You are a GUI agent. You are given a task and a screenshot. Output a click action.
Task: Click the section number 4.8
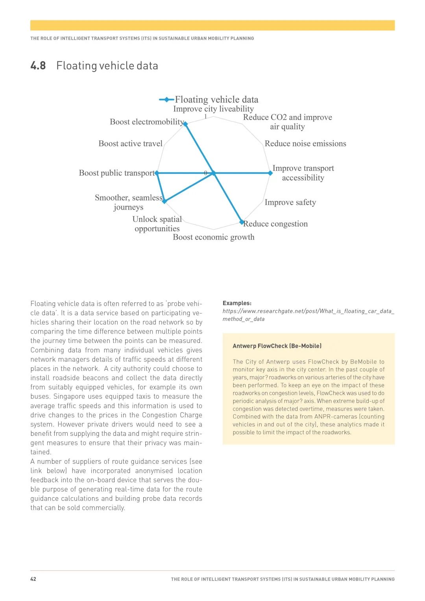tap(38, 65)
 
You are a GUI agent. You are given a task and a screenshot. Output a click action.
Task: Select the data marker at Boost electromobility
tap(186, 124)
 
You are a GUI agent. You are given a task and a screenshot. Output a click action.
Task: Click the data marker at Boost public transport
tap(157, 173)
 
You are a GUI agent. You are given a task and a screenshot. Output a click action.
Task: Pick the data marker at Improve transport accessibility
tap(270, 173)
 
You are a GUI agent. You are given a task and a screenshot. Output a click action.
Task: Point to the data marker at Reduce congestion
tap(242, 222)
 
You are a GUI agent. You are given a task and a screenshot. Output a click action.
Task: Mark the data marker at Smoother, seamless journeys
tap(165, 201)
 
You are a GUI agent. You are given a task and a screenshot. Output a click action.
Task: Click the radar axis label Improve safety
tap(290, 203)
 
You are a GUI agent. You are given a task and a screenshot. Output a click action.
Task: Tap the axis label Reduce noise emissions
tap(305, 144)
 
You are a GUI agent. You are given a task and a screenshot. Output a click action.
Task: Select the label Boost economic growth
tap(214, 237)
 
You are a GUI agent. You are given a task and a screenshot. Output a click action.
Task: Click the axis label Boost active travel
tap(130, 144)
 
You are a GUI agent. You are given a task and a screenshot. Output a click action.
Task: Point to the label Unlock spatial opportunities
tap(157, 224)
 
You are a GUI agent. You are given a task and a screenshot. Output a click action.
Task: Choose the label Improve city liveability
tap(213, 109)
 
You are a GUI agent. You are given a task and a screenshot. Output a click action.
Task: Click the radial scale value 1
tap(205, 116)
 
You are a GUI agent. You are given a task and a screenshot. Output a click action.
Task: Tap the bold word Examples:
tap(237, 303)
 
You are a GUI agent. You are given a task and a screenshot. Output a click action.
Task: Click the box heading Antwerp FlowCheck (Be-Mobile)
tap(277, 346)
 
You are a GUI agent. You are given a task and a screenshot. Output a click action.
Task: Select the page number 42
tap(33, 579)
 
